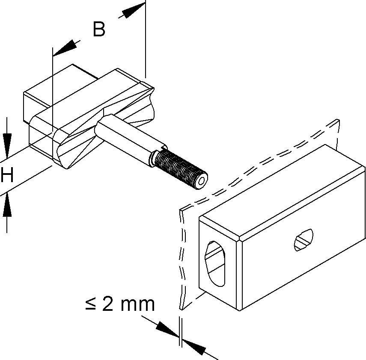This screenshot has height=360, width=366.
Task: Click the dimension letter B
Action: [x=99, y=30]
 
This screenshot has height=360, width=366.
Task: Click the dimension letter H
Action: [x=7, y=176]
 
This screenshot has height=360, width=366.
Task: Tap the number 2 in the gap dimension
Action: [x=107, y=304]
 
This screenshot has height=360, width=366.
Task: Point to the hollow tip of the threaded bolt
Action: [x=201, y=182]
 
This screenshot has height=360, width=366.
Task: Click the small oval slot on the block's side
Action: [x=304, y=239]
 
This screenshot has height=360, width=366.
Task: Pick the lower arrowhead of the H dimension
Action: [x=7, y=207]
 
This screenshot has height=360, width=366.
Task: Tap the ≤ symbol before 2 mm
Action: [x=90, y=304]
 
